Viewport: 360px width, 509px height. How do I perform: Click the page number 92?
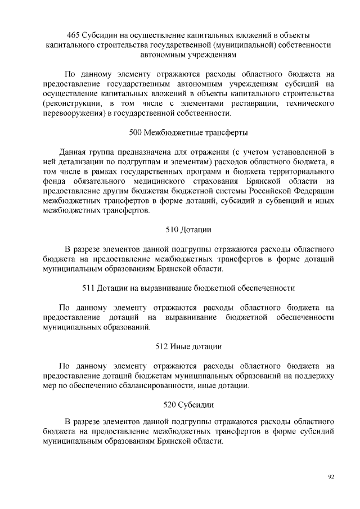tap(331, 477)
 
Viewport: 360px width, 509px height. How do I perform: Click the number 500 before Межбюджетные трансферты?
tap(136, 133)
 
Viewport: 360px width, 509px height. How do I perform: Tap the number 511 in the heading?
tap(88, 288)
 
